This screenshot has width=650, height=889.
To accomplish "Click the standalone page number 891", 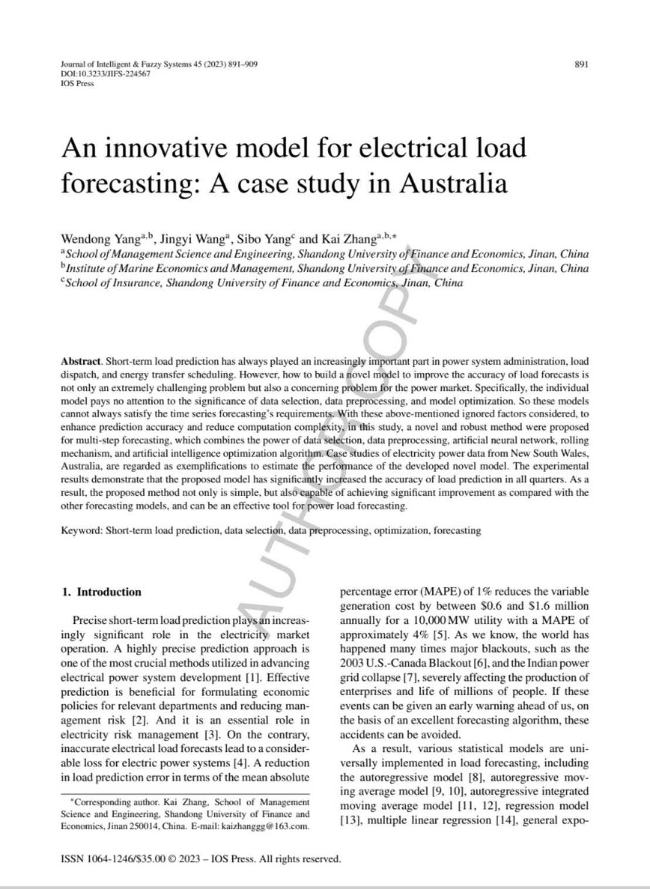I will coord(581,65).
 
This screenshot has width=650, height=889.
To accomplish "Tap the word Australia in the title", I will coord(453,184).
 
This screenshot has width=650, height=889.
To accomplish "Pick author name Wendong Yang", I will coord(100,239).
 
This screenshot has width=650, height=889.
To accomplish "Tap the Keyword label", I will coord(82,531).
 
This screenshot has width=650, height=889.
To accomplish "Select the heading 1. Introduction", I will coord(102,592).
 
